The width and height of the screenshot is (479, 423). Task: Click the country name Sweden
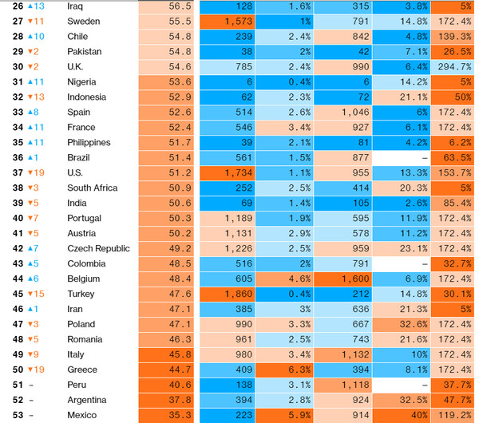(84, 21)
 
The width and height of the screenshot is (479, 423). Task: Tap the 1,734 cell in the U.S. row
(236, 172)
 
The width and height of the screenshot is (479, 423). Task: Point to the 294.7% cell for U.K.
(454, 66)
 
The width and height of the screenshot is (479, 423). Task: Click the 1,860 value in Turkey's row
(236, 294)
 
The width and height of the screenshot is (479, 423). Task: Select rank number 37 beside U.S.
(18, 172)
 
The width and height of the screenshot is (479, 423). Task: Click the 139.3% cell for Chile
(454, 36)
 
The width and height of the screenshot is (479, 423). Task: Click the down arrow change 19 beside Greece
(37, 370)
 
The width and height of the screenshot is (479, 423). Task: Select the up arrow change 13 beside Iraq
(37, 6)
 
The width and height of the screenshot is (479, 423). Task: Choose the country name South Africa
(93, 188)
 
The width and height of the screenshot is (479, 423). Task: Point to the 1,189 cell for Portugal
(236, 218)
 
